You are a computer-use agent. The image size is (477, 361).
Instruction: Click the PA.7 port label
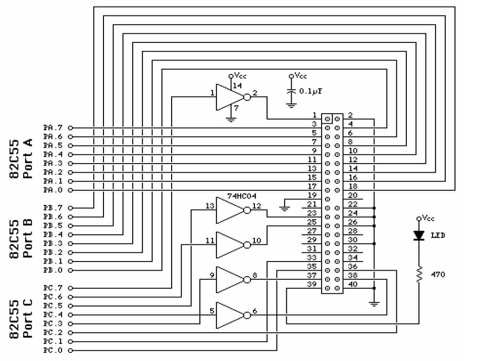(x=53, y=127)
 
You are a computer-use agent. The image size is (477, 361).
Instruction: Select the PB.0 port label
(x=53, y=270)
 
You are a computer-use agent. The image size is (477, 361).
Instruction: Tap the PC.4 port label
(x=53, y=315)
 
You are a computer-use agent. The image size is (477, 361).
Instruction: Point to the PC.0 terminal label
(x=53, y=350)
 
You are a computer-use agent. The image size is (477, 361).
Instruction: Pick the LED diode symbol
(x=418, y=235)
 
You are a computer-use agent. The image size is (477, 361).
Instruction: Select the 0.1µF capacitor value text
(x=311, y=91)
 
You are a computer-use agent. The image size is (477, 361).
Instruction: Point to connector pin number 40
(x=352, y=285)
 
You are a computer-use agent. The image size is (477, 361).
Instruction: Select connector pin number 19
(x=312, y=195)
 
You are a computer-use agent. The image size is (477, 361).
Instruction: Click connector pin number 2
(x=350, y=115)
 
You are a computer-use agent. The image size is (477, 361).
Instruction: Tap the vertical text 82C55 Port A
(x=22, y=159)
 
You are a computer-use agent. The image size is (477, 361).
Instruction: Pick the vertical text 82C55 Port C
(x=22, y=319)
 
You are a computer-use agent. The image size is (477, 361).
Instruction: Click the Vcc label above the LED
(x=428, y=218)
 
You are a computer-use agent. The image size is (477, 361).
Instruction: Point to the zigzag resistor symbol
(x=418, y=275)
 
